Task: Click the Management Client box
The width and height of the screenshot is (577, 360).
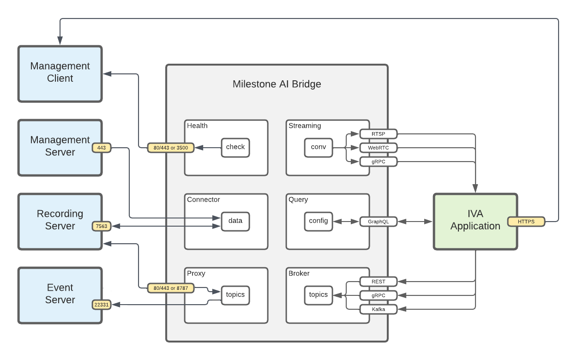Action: (60, 73)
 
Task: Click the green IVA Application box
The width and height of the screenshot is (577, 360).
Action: (475, 221)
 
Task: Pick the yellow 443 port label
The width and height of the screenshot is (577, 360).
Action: (102, 148)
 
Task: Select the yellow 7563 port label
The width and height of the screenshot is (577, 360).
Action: (102, 226)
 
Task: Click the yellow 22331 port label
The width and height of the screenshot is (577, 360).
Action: (102, 305)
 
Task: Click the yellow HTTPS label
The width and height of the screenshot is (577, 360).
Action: (526, 222)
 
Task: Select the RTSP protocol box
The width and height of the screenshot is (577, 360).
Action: (378, 134)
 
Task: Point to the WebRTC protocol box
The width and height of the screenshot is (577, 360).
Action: (378, 148)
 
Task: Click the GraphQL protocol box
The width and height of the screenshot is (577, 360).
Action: (378, 222)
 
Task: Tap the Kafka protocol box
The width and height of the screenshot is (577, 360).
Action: (378, 309)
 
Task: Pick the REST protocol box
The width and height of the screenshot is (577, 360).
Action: (378, 282)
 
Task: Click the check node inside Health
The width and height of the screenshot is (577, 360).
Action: (235, 147)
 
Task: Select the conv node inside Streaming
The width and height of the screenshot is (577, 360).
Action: (318, 147)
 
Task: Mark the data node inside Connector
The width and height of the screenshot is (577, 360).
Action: (235, 221)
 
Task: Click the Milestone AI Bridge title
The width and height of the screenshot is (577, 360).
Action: (276, 84)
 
